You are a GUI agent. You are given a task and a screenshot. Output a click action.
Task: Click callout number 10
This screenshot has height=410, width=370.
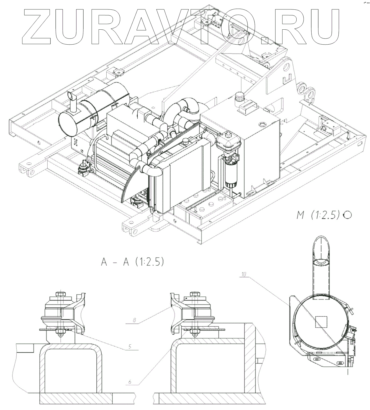(243, 274)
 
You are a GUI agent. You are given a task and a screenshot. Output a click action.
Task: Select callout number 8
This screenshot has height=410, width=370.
(135, 320)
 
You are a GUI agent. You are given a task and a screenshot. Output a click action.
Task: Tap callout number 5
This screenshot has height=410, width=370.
(130, 346)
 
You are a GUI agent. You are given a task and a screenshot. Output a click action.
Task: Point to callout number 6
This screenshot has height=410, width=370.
(130, 381)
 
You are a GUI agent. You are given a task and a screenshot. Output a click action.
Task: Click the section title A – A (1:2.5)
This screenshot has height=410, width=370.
(132, 262)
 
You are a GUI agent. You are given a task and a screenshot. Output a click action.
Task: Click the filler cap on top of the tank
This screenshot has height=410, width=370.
(238, 97)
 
